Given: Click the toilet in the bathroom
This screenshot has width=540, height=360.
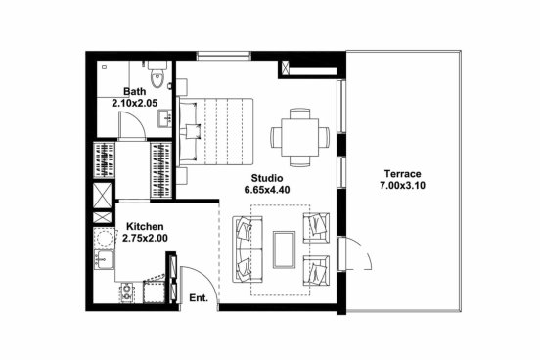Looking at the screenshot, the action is coord(157,74).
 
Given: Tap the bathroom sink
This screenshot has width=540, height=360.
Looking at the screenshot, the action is coord(165,118).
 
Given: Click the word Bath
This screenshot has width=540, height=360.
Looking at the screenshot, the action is coord(135,92).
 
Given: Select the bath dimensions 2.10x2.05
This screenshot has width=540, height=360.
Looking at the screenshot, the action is coord(135,103).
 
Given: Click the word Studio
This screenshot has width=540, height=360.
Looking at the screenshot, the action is coord(267,178).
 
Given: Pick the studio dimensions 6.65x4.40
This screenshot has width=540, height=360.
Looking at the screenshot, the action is coord(267,190).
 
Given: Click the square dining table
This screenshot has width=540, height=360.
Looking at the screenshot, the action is coord(300,137).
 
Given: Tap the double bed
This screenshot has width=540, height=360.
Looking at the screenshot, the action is coord(216,131).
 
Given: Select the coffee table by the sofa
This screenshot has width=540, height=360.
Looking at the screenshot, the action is coord(284,249).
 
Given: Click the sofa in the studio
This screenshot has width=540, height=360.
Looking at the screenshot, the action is coord(247,249).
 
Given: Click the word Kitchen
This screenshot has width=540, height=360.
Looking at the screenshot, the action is coord(145,227).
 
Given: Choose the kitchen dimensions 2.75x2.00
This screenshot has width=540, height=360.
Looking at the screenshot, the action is coord(145,238).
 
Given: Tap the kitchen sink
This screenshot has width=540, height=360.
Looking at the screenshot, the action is coord(104,259).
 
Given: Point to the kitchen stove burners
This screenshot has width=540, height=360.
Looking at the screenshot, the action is coord(127,292).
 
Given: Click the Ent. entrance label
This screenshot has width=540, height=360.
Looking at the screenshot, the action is coord(199,298).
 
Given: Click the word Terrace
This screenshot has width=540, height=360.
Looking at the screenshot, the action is coord(403,174).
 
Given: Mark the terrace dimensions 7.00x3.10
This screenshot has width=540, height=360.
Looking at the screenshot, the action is coord(403,185).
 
